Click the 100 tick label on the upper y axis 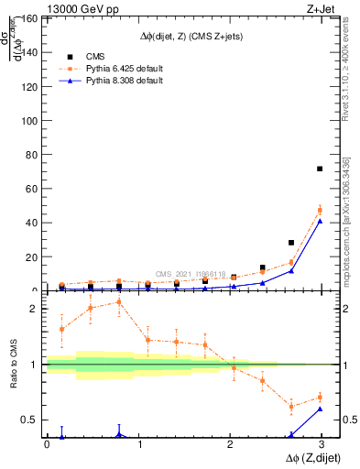30,120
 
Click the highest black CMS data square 320,169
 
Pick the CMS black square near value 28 291,243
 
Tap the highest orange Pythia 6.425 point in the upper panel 320,211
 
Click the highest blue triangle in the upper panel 320,221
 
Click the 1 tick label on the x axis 139,444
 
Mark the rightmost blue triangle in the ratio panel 320,409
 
